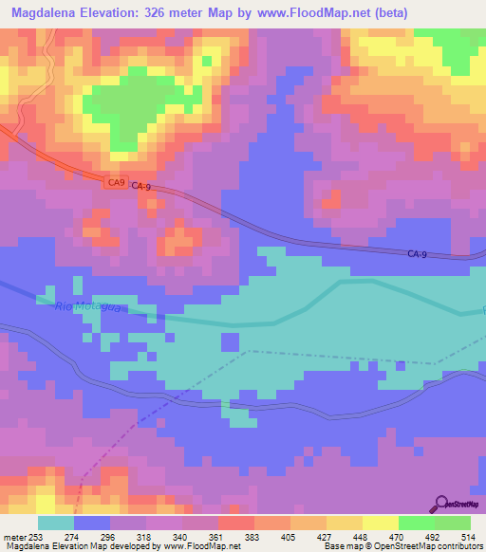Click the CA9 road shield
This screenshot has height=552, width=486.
[115, 184]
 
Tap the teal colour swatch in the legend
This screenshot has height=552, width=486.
[56, 523]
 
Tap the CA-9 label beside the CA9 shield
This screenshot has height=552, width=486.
[142, 187]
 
